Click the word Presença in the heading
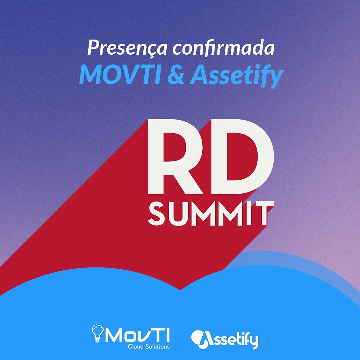(x=127, y=48)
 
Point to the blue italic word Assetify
(x=237, y=76)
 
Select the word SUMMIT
(x=211, y=213)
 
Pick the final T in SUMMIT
(x=264, y=213)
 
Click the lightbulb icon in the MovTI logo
(x=97, y=333)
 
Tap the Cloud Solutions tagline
(x=149, y=346)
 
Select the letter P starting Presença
(x=94, y=47)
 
